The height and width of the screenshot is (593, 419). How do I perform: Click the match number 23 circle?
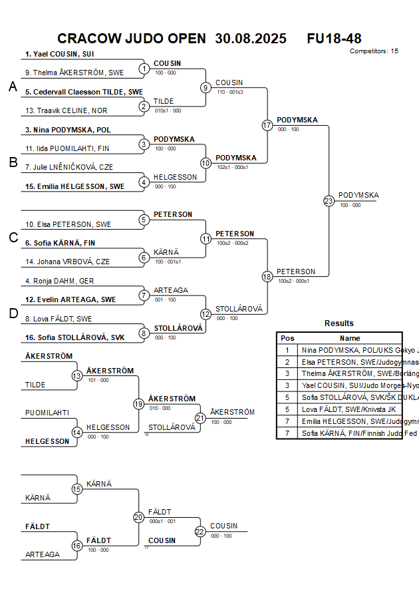coord(329,200)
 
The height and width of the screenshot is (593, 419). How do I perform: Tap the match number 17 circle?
coord(267,125)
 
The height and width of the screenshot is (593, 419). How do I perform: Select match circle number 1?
coord(144,69)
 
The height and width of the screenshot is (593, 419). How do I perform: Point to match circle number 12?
coord(206,313)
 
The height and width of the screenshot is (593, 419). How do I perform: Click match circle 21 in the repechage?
coord(200,417)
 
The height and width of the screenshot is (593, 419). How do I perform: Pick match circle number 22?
coord(200,531)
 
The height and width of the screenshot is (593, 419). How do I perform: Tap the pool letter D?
coord(12,314)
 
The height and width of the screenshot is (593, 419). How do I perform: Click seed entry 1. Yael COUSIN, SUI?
coord(59,55)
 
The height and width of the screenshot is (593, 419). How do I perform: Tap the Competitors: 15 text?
coord(374,51)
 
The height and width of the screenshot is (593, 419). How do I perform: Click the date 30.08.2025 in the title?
coord(251,39)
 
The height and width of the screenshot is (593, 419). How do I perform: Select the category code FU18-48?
coord(334,39)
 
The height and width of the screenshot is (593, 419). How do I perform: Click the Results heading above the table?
coord(339,323)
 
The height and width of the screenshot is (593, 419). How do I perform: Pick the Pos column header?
coord(287,338)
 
